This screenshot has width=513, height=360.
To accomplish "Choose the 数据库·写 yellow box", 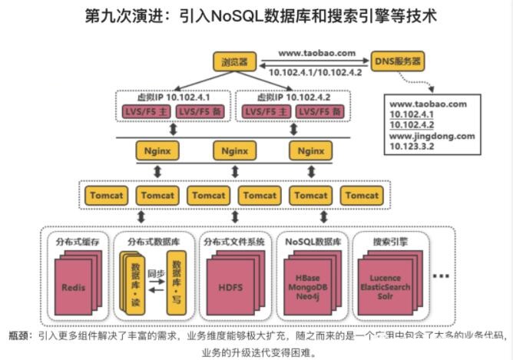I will [177, 285].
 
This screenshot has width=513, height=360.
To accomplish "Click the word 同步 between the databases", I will [156, 272].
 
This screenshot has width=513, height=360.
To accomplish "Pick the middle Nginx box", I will [234, 150].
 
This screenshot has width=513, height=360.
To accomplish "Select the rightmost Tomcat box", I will [362, 196].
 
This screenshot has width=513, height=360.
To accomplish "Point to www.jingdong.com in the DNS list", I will [432, 136].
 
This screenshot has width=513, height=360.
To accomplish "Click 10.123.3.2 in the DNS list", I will [415, 147].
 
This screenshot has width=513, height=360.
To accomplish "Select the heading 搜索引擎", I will [389, 242].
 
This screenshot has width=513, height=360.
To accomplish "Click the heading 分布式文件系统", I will [233, 242].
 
